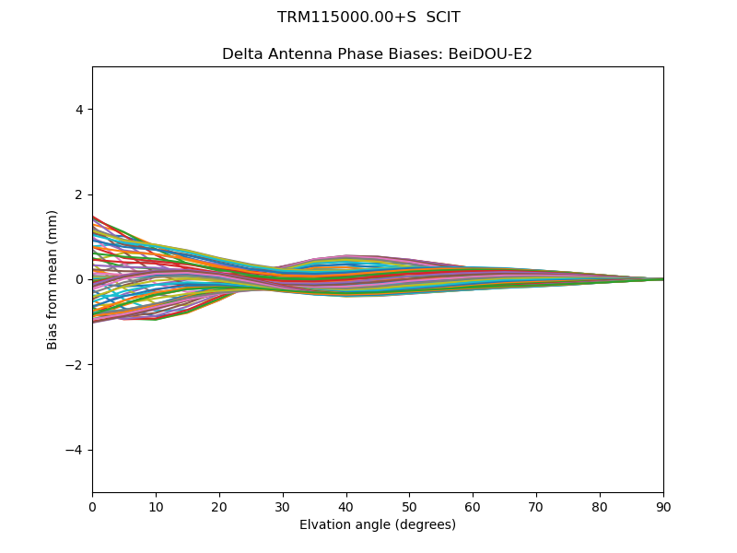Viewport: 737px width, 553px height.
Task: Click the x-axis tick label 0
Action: (x=92, y=506)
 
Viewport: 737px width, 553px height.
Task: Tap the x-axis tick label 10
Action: (x=156, y=506)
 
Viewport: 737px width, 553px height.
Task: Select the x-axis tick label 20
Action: (x=219, y=506)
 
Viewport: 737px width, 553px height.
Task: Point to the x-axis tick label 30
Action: (x=283, y=506)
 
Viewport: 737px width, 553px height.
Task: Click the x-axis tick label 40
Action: (x=346, y=506)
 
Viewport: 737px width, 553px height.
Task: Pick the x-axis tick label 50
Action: (x=409, y=506)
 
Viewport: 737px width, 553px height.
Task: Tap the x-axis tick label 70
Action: (x=536, y=506)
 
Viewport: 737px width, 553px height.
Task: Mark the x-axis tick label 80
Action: (x=600, y=506)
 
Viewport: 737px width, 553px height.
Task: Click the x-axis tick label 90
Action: (x=663, y=506)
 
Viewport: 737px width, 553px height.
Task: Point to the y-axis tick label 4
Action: (x=80, y=110)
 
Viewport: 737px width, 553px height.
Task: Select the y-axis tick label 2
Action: (x=80, y=194)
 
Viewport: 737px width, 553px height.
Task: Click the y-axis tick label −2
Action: (x=76, y=365)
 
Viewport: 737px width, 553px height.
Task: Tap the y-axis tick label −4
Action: (x=76, y=450)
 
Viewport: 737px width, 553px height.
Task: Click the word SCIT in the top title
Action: (x=442, y=18)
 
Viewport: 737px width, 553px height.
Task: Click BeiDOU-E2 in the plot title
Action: (x=490, y=54)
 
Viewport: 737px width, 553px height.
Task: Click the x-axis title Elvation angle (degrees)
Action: (x=378, y=524)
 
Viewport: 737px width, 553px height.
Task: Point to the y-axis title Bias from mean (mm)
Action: (x=53, y=279)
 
